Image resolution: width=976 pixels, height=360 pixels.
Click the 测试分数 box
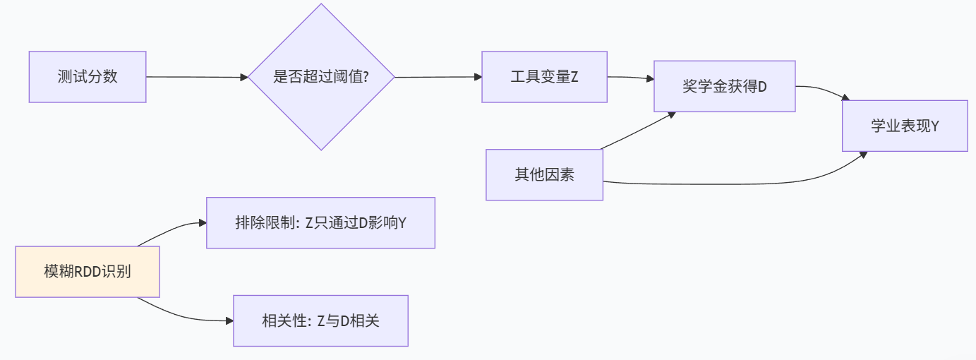[x=88, y=77]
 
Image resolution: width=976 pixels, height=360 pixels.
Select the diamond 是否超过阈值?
[x=321, y=77]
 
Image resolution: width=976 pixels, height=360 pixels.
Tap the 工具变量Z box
[x=544, y=77]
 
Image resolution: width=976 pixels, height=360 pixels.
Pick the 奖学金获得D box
[x=724, y=87]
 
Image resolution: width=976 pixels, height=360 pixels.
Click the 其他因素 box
[x=544, y=174]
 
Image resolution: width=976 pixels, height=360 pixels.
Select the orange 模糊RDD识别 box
[x=88, y=272]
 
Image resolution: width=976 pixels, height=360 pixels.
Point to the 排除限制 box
[x=320, y=223]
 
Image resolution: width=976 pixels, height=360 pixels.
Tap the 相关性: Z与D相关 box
[x=320, y=320]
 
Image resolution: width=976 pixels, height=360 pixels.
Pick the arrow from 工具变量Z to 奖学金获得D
[x=630, y=78]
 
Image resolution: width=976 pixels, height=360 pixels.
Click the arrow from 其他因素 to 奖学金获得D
[x=635, y=131]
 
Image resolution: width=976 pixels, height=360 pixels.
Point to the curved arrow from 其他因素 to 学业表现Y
[x=741, y=184]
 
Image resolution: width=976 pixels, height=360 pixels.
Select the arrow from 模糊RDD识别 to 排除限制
[x=173, y=228]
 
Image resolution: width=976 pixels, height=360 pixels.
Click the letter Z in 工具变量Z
[x=574, y=77]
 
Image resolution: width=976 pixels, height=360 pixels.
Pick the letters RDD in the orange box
[x=87, y=272]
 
